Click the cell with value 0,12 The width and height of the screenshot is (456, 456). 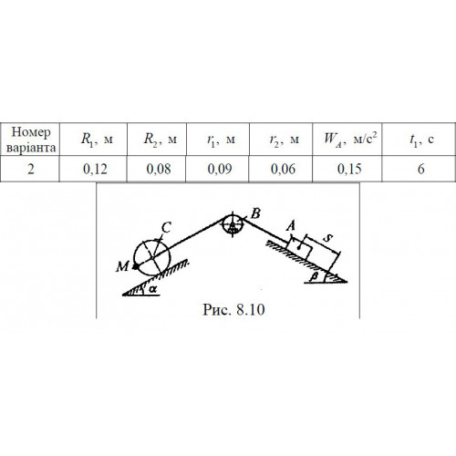95,169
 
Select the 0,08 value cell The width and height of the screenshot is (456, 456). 159,169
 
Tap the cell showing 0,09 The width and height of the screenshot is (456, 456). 220,169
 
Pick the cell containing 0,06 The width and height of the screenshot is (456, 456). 283,169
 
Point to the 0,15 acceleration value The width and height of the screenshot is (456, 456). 349,169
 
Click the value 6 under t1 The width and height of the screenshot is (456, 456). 421,169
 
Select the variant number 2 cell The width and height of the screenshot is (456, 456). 31,169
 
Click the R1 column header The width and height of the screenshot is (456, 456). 97,140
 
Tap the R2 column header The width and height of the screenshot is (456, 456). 160,140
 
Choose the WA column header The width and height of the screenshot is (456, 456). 350,139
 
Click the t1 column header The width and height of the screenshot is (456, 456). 421,140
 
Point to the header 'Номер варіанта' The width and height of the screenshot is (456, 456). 31,140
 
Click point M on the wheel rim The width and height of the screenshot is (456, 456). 135,266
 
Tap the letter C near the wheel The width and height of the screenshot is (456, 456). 166,227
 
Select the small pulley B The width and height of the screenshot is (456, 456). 232,224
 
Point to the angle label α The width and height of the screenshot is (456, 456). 153,290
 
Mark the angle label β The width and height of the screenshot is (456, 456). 316,276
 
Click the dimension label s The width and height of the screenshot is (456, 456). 327,238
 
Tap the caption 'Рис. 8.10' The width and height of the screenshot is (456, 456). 233,310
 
